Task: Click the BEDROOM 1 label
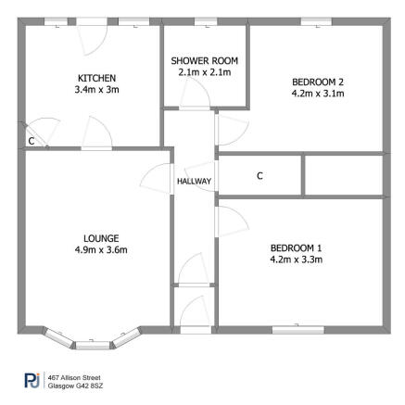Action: point(296,247)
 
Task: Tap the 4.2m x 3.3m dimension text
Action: point(296,259)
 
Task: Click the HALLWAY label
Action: point(195,182)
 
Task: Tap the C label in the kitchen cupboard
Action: point(31,141)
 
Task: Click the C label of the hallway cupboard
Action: point(259,175)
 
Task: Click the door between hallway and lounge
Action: point(157,182)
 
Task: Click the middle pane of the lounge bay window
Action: point(91,345)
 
